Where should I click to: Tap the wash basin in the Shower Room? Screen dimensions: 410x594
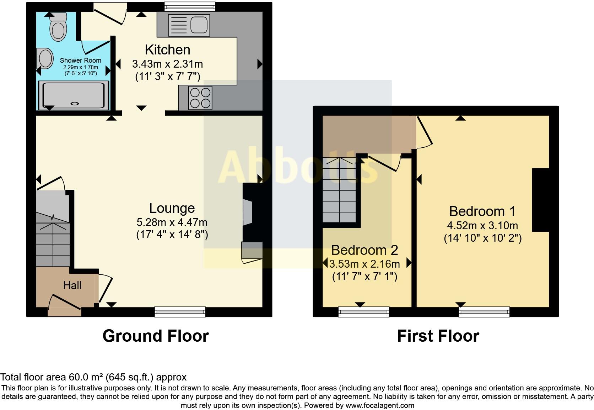point(45,58)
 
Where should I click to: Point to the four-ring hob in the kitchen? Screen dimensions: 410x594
point(200,98)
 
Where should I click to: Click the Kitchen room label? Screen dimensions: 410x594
point(167,50)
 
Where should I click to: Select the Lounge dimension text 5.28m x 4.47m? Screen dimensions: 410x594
point(172,222)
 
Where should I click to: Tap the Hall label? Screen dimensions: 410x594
point(72,285)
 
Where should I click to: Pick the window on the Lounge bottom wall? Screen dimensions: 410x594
point(180,312)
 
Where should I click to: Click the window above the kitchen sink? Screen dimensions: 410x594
point(190,6)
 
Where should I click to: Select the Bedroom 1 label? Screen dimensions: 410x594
point(482,211)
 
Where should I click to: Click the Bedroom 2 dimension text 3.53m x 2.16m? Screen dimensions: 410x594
point(364,264)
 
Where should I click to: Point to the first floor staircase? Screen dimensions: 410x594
point(340,192)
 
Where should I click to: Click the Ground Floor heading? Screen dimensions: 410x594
point(156,336)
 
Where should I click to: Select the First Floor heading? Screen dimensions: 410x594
point(438,336)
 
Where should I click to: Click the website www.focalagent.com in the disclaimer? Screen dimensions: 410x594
point(380,405)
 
